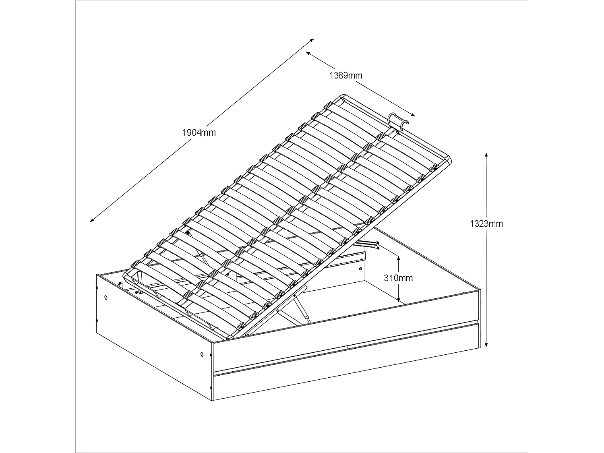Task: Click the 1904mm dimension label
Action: [199, 132]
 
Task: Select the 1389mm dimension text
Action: [346, 75]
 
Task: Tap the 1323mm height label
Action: [486, 223]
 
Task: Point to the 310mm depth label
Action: [398, 278]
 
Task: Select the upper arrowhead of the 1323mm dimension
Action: [487, 155]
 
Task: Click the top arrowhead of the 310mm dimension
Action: [398, 257]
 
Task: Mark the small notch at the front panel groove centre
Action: [347, 346]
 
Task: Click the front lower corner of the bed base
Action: [213, 399]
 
